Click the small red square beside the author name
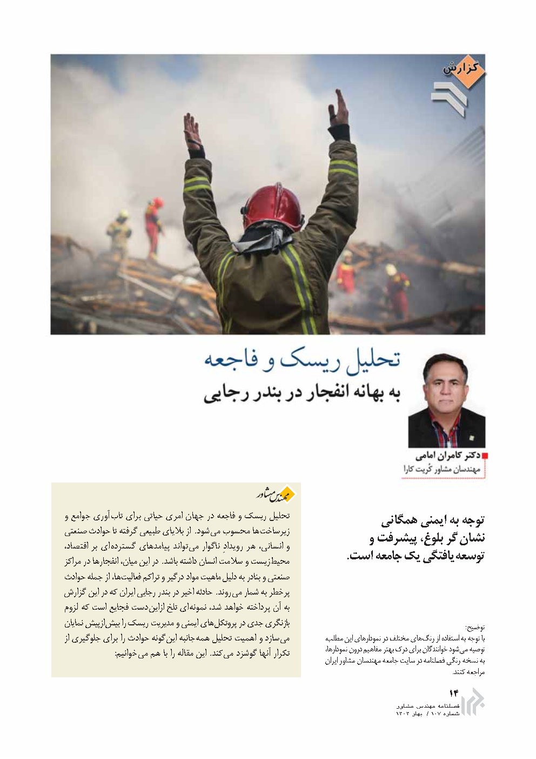coord(484,456)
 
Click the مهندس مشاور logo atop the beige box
coord(275,493)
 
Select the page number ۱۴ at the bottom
coord(453,694)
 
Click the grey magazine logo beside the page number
coord(473,702)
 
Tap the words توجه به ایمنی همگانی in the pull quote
coord(433,521)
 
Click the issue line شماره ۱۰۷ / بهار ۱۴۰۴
coord(427,714)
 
